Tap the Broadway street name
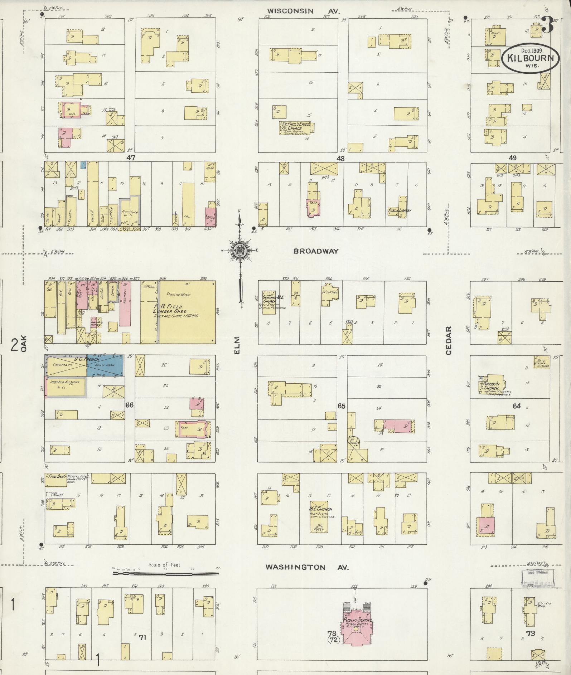(x=316, y=251)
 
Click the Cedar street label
(x=449, y=340)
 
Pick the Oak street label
(x=24, y=346)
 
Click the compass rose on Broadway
(x=239, y=251)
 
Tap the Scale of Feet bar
(x=165, y=573)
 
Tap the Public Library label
(x=400, y=210)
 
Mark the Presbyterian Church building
(x=492, y=388)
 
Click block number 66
(x=129, y=405)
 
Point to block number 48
(x=340, y=158)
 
